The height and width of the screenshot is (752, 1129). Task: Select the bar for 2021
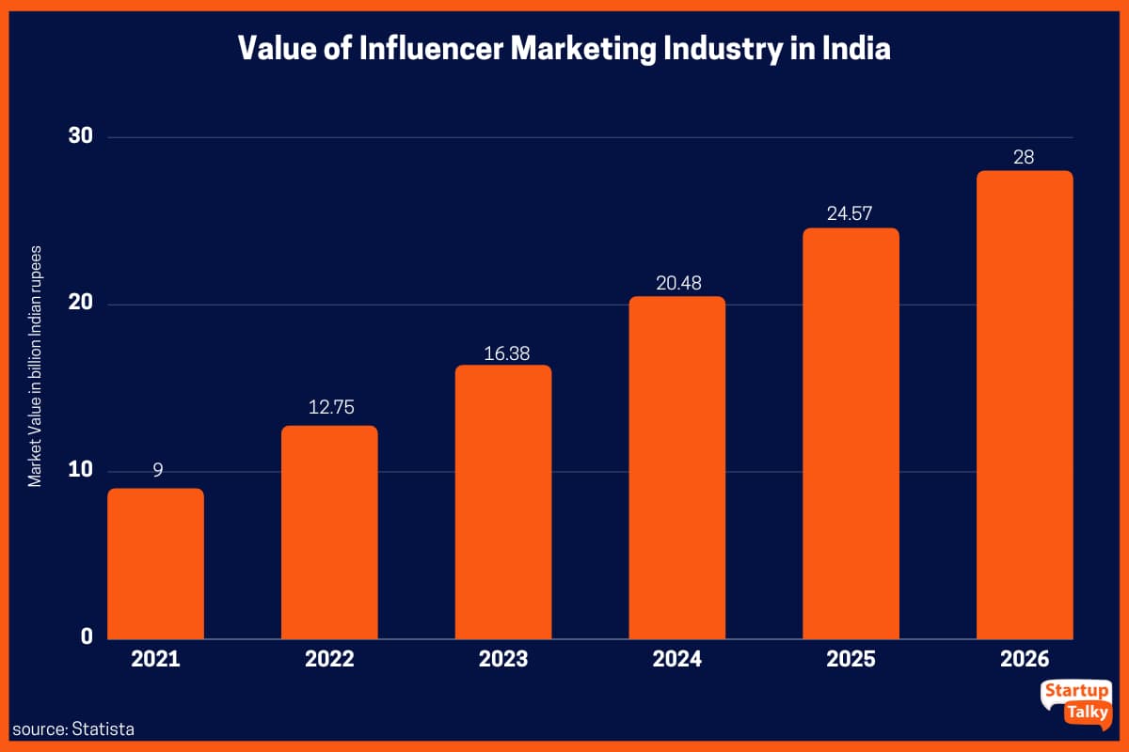pos(155,564)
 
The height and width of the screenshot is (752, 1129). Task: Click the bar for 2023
pos(503,503)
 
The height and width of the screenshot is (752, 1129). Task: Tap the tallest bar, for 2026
pos(1024,404)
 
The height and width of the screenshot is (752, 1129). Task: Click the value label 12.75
pos(330,408)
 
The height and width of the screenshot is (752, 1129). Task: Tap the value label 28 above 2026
pos(1024,157)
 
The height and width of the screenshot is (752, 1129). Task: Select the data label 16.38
pos(503,348)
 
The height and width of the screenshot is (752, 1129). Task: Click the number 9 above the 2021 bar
pos(157,471)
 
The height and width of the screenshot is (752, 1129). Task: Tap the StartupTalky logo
pos(1076,702)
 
